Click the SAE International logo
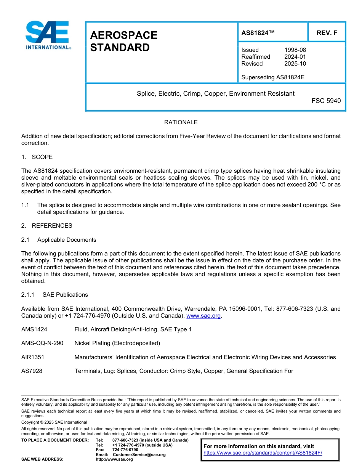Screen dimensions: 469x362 (x=48, y=35)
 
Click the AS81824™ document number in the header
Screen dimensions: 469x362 (x=258, y=33)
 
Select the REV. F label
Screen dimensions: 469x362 (x=327, y=33)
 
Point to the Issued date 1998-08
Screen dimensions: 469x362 (x=295, y=50)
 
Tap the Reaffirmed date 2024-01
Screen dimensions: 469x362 (x=295, y=57)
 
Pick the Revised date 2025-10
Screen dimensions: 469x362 (x=295, y=64)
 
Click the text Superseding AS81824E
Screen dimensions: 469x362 (x=273, y=77)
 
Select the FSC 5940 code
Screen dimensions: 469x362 (x=326, y=101)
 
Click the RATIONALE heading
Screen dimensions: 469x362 (x=181, y=122)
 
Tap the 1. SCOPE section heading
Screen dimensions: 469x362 (x=37, y=157)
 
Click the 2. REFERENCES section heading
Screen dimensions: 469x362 (x=46, y=226)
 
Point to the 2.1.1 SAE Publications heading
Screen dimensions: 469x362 (x=54, y=295)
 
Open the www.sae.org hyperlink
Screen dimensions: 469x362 (x=203, y=316)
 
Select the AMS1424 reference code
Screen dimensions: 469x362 (x=34, y=329)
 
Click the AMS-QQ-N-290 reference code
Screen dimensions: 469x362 (x=42, y=343)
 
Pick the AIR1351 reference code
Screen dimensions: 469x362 (x=33, y=357)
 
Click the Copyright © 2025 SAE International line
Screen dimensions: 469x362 (x=54, y=422)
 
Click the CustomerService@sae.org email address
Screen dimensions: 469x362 (x=139, y=455)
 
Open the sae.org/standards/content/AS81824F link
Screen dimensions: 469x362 (x=263, y=453)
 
